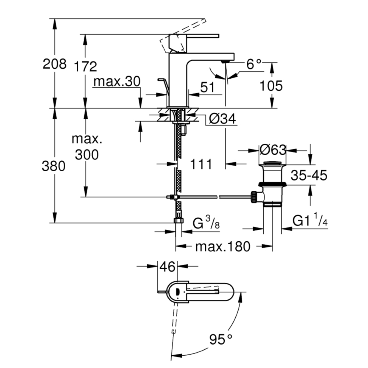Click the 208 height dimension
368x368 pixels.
click(x=55, y=64)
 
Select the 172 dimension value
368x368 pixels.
click(x=86, y=66)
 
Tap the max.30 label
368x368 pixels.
click(x=117, y=82)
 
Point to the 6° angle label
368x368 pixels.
click(x=254, y=64)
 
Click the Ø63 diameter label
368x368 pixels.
click(x=272, y=150)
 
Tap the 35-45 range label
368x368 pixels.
click(x=309, y=176)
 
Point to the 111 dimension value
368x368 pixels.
click(x=201, y=164)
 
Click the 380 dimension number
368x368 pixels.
click(x=54, y=166)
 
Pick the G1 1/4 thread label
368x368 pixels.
click(x=310, y=220)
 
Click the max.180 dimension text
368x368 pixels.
click(x=223, y=246)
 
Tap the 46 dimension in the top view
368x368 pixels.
click(x=167, y=267)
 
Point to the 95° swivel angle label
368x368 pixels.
click(x=221, y=339)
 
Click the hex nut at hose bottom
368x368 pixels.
click(x=178, y=220)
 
